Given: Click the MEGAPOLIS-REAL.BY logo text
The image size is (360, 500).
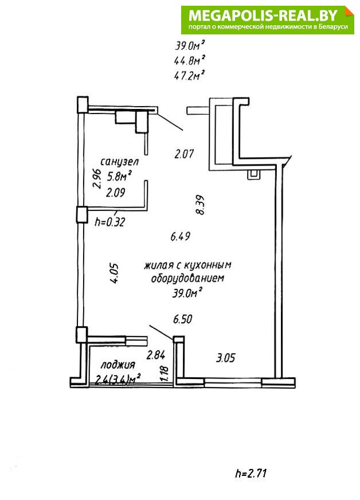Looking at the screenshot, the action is click(263, 15).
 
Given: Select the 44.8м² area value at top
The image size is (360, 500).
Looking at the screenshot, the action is click(189, 60).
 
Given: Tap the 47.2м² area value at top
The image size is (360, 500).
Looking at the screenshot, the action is click(189, 76).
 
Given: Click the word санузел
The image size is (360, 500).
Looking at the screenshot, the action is click(120, 162).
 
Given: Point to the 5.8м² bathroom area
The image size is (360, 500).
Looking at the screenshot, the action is click(119, 176).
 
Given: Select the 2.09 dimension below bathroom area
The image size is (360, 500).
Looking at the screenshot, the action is click(115, 193).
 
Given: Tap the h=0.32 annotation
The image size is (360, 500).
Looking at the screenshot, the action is click(109, 221).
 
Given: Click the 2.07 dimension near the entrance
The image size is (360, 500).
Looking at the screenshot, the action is click(184, 154).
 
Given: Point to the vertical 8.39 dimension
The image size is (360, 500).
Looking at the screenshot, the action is click(200, 205).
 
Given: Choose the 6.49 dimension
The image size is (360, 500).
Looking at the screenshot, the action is click(180, 237).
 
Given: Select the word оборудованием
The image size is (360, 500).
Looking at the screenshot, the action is click(187, 278).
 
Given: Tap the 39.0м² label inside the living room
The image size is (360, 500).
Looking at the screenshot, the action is click(187, 292).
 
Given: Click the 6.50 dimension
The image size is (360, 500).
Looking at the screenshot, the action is click(182, 319).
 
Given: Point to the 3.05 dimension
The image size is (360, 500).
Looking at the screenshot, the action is click(225, 358).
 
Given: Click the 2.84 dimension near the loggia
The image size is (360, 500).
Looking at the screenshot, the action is click(155, 354).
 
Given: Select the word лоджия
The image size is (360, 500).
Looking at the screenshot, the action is click(118, 365).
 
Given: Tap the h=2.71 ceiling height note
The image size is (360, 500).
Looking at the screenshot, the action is click(251, 473).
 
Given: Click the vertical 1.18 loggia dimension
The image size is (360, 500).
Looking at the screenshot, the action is click(165, 373).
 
